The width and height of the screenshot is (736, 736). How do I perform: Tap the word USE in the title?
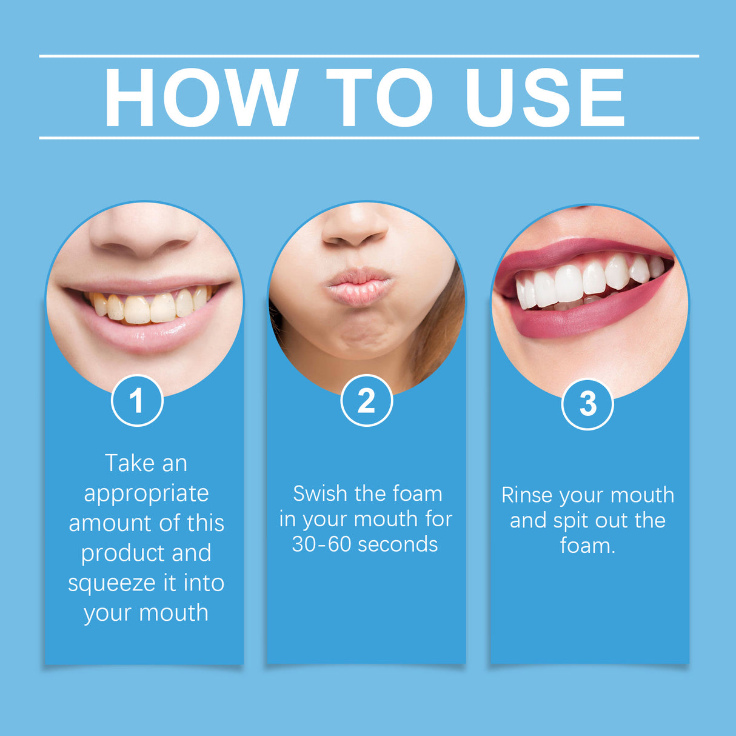544,98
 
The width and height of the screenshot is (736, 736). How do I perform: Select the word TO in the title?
380,98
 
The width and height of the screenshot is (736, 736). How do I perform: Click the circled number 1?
137,401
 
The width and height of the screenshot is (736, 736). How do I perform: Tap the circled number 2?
366,401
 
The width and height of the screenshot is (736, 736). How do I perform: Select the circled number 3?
587,404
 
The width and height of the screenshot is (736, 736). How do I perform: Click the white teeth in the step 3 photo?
582,281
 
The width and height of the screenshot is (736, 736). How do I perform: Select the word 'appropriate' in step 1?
146,494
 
